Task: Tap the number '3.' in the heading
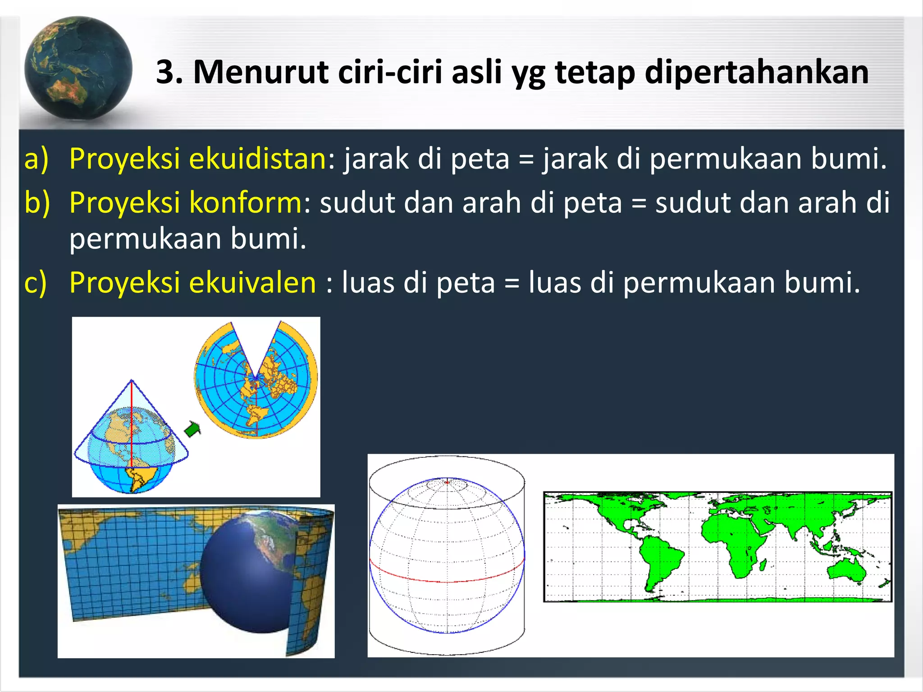click(169, 72)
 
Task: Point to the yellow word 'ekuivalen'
click(252, 282)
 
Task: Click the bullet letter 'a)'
click(36, 159)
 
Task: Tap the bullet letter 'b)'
click(37, 202)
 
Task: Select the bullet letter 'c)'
click(36, 283)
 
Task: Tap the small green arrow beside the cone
click(193, 428)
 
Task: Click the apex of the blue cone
click(132, 381)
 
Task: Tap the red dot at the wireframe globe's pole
click(447, 483)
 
